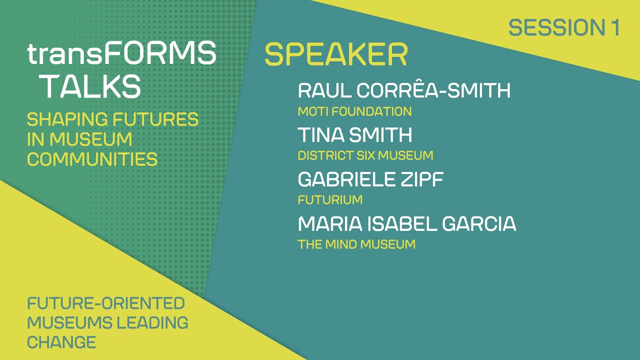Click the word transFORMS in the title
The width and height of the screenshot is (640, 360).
click(x=121, y=54)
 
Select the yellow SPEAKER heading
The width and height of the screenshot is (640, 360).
click(x=336, y=54)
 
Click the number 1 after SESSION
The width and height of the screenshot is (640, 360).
click(x=614, y=27)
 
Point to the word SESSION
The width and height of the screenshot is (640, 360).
click(x=556, y=27)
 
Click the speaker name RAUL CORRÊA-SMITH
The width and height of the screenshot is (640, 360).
click(x=404, y=91)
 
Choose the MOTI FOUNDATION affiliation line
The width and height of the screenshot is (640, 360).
click(x=354, y=111)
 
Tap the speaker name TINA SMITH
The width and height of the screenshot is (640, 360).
click(x=355, y=135)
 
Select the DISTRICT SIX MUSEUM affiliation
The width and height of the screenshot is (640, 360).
click(x=365, y=155)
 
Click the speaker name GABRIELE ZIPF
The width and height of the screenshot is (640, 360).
click(x=370, y=179)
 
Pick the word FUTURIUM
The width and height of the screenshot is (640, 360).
click(x=330, y=200)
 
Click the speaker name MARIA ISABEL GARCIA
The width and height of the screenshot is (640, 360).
click(x=406, y=224)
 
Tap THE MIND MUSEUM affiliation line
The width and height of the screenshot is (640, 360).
click(x=356, y=244)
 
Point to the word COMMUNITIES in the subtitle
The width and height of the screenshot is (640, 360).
click(x=92, y=159)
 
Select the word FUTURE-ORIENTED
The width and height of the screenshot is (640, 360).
click(x=106, y=303)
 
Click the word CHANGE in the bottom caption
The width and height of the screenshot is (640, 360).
click(x=61, y=342)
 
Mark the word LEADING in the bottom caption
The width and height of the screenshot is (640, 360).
click(x=152, y=322)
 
